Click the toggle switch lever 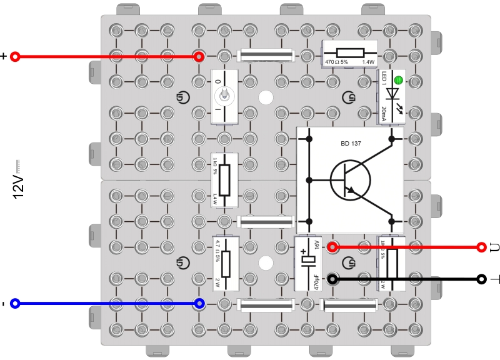pos(224,96)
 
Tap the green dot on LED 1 pos(397,80)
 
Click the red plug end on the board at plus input pos(199,57)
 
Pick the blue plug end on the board pos(199,304)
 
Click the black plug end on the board pos(332,279)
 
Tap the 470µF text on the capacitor pos(317,278)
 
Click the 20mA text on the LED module pos(384,113)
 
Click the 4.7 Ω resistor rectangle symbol pos(226,264)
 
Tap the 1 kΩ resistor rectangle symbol pos(224,179)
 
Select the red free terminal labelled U pos(481,247)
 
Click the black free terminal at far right pos(481,279)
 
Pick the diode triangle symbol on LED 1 pos(392,94)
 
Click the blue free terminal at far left pos(16,304)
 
